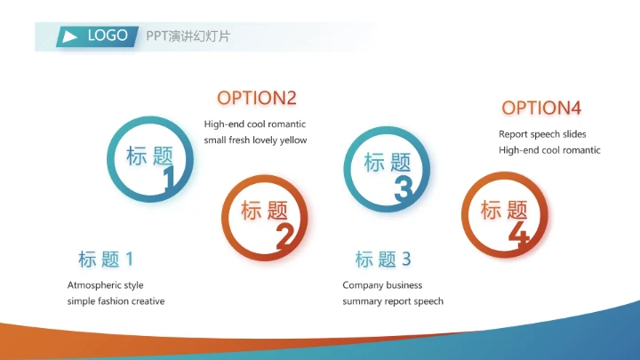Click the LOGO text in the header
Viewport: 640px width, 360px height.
(x=108, y=36)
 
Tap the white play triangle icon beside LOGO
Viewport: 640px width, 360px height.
(x=68, y=36)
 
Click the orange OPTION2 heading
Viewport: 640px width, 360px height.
(x=257, y=98)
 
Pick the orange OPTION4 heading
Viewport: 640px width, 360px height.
(x=541, y=108)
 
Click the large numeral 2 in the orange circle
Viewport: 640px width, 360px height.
(x=284, y=236)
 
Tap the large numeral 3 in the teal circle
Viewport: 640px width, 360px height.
(x=404, y=188)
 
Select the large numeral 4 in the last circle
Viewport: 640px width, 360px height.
(x=519, y=234)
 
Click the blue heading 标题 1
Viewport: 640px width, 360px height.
(x=106, y=260)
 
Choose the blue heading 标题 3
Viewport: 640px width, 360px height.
(x=383, y=260)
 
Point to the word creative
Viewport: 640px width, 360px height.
(x=148, y=301)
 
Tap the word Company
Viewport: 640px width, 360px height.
(x=363, y=285)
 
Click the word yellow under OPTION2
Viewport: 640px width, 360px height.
(x=292, y=140)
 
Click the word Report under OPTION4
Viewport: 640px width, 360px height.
(x=514, y=134)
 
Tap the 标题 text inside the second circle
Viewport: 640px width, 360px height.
(x=265, y=211)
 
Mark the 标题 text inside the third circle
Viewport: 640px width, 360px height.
(x=388, y=163)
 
